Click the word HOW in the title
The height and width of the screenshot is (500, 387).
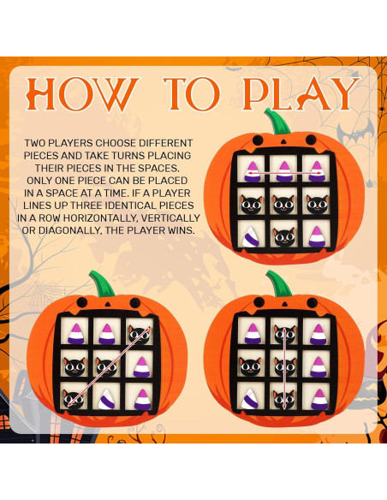tap(83, 94)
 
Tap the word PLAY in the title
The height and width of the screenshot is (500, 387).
tap(301, 94)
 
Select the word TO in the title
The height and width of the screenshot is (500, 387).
tap(192, 94)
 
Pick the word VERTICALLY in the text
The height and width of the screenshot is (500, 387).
tap(170, 218)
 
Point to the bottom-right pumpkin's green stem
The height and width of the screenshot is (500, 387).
tap(278, 283)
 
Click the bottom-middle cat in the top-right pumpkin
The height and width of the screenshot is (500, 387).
tap(284, 236)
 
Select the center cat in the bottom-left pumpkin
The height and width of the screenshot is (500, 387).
tap(107, 367)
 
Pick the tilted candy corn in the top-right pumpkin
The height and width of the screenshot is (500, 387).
tap(251, 236)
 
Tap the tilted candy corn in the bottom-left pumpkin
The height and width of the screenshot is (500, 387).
tap(106, 399)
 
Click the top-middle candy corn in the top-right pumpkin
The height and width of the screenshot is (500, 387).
tap(284, 171)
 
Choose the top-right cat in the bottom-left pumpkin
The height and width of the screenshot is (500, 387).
tap(140, 334)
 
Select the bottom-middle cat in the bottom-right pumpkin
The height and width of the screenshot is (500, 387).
tap(283, 400)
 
